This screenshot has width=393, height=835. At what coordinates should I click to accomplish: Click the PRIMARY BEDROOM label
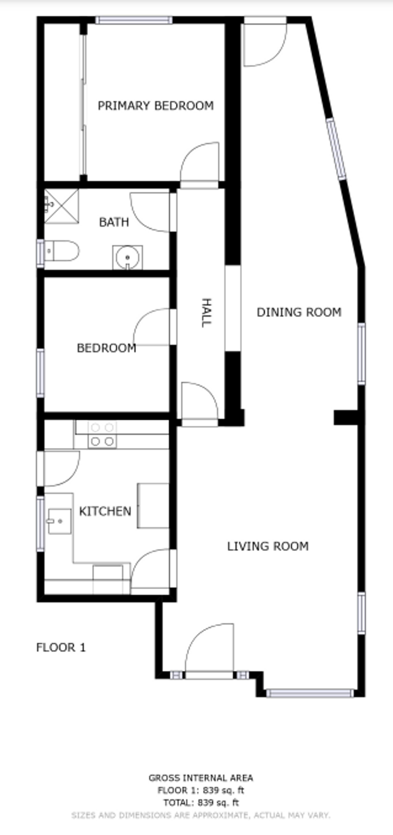click(156, 106)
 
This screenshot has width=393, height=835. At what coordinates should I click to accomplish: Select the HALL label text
click(207, 313)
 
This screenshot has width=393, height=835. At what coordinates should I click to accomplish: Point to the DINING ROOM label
click(299, 312)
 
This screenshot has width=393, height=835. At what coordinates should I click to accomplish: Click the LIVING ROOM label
click(268, 546)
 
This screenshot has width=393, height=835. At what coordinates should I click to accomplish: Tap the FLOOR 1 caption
click(61, 647)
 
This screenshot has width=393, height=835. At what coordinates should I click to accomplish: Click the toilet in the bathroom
click(62, 251)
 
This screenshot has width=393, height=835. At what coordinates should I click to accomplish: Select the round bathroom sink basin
click(128, 257)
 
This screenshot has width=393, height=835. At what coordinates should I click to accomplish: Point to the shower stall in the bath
click(61, 206)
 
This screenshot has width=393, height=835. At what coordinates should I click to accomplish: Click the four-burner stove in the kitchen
click(102, 434)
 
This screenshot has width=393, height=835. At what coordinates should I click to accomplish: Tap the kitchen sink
click(59, 521)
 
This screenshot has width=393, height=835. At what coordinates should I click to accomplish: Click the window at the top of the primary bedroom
click(134, 20)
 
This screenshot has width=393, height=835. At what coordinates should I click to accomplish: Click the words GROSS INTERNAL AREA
click(201, 778)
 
